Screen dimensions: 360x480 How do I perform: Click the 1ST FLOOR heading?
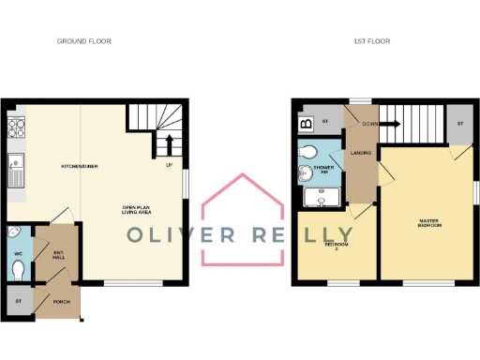pyautogui.click(x=371, y=41)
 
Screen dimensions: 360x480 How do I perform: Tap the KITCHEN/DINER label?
pyautogui.click(x=80, y=166)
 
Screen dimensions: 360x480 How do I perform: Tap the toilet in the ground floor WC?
pyautogui.click(x=19, y=269)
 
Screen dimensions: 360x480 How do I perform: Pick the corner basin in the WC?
pyautogui.click(x=13, y=232)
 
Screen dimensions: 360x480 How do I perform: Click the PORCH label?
pyautogui.click(x=62, y=301)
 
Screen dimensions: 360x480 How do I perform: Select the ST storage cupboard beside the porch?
pyautogui.click(x=19, y=301)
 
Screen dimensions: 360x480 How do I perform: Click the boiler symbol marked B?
pyautogui.click(x=305, y=124)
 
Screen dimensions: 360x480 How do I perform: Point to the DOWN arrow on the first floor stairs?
pyautogui.click(x=384, y=123)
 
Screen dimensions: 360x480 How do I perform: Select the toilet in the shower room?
pyautogui.click(x=307, y=152)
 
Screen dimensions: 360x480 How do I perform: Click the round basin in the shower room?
pyautogui.click(x=305, y=172)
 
